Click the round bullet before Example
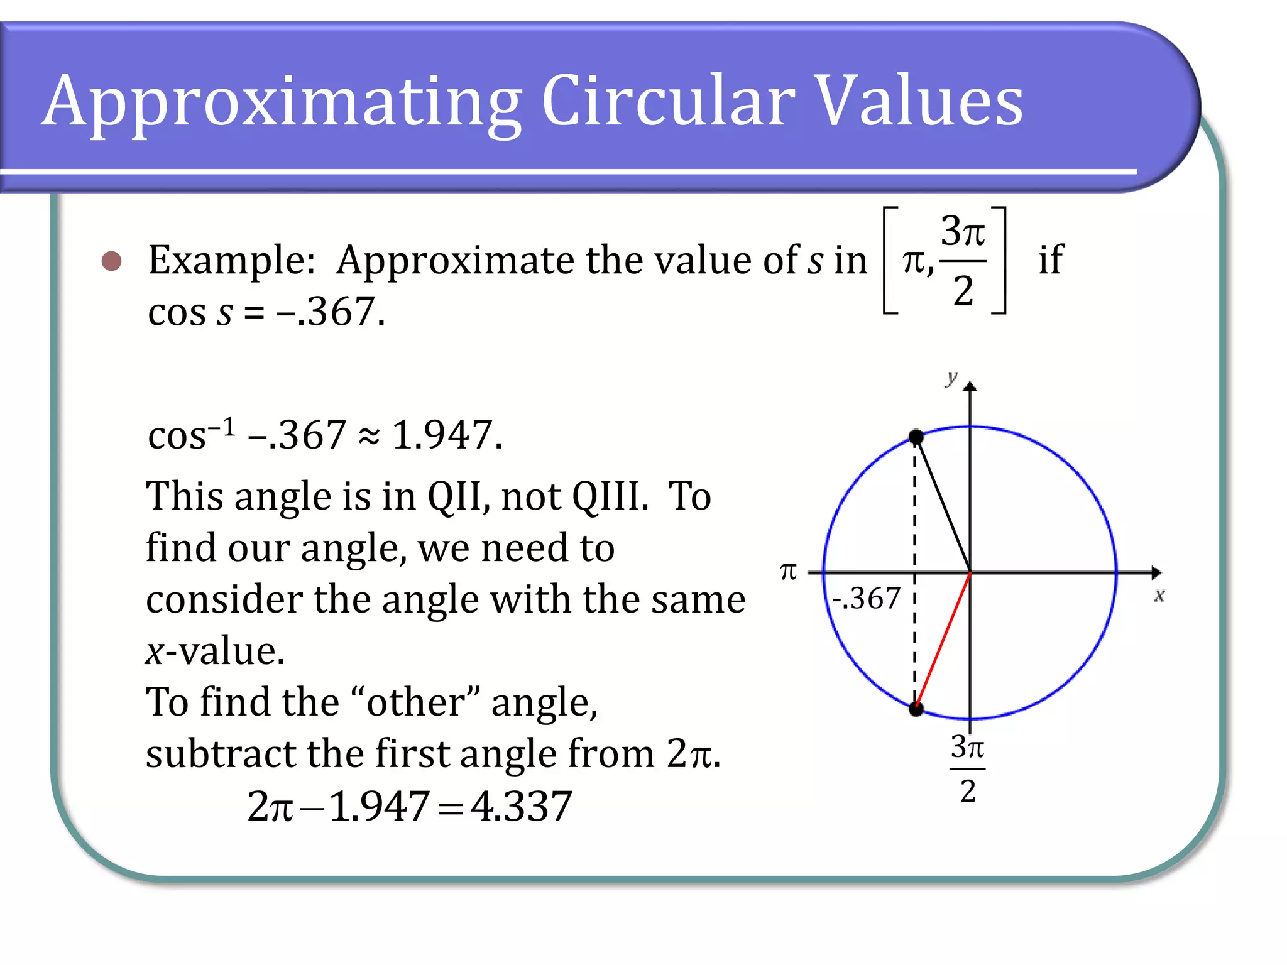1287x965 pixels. coord(112,261)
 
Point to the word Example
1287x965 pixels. coord(231,260)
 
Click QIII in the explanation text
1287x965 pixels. coord(610,496)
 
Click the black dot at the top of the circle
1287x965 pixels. coord(916,437)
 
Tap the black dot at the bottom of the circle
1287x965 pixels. coord(916,709)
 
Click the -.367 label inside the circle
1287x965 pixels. coord(867,598)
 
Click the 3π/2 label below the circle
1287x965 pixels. coord(968,768)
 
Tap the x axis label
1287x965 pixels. coord(1159,595)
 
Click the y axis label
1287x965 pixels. coord(952,377)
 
